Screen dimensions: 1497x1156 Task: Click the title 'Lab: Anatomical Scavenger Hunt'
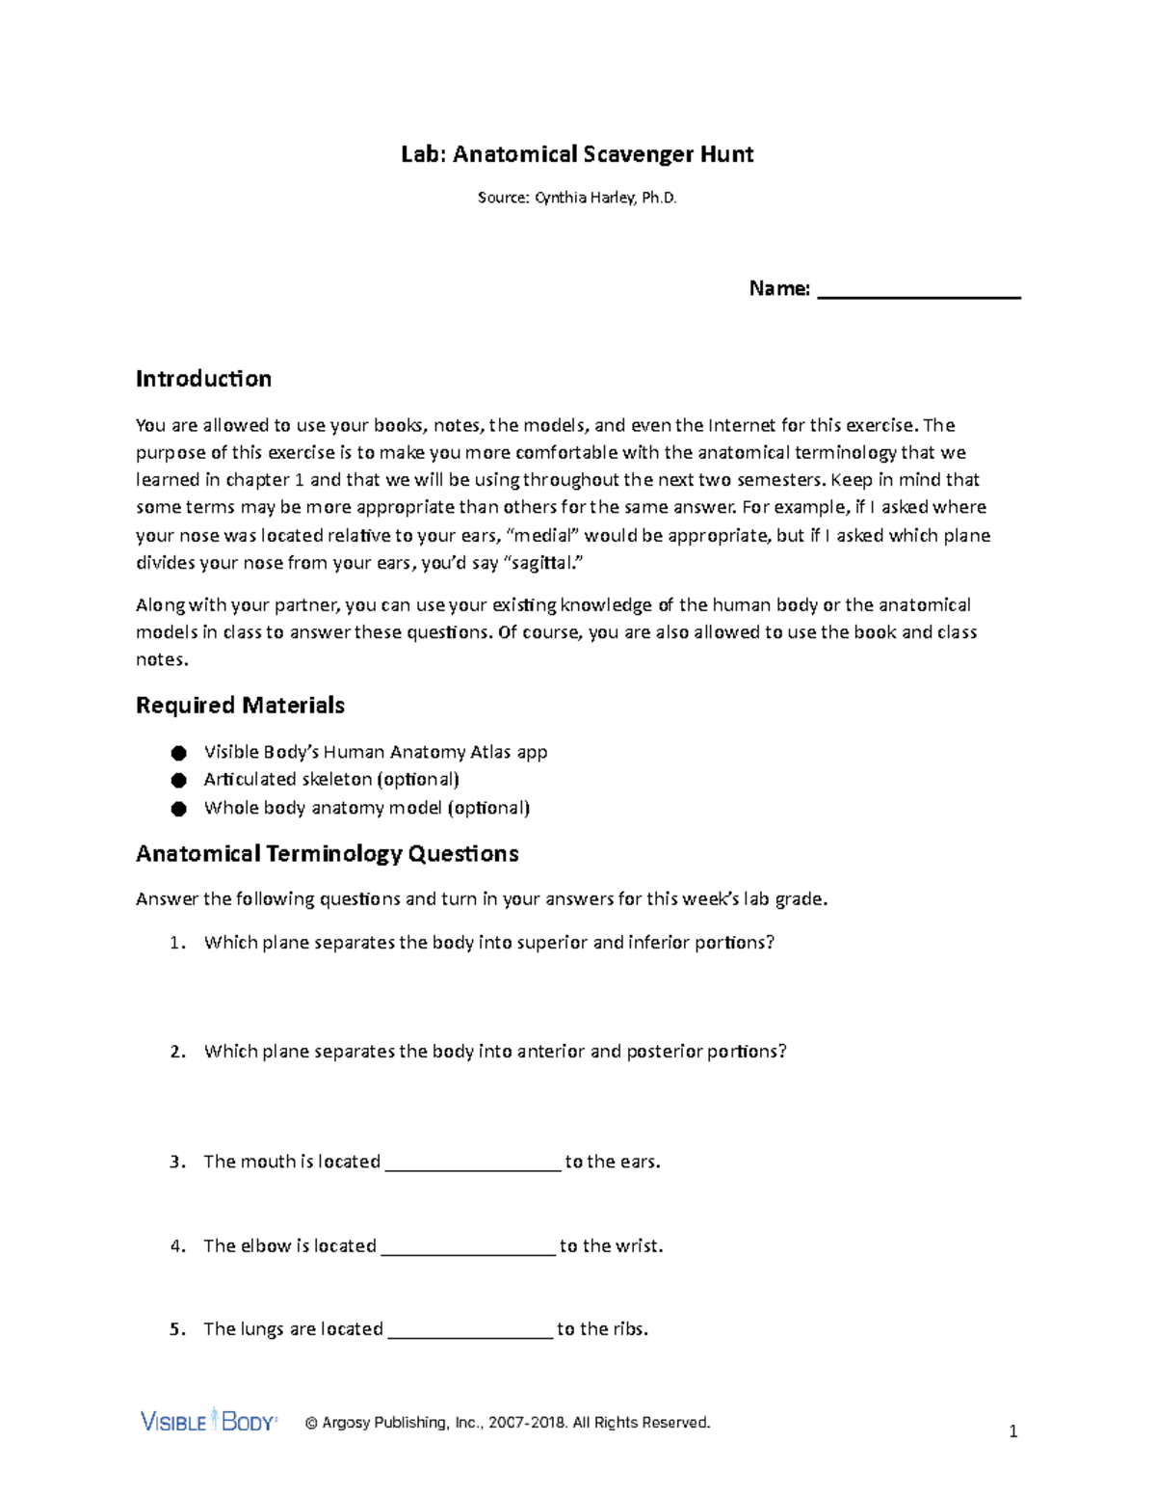click(577, 154)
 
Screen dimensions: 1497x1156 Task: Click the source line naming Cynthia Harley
click(577, 198)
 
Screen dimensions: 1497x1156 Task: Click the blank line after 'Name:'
click(918, 291)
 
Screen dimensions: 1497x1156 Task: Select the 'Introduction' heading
click(203, 379)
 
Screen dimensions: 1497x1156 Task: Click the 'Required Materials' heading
click(240, 706)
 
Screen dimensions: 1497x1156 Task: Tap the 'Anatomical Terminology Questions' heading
click(327, 854)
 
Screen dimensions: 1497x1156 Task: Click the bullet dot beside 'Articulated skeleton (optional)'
click(178, 780)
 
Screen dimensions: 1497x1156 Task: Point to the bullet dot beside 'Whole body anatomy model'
click(178, 809)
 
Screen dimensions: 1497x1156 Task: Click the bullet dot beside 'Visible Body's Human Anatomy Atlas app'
click(178, 753)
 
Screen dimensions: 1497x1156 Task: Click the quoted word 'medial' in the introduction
click(544, 536)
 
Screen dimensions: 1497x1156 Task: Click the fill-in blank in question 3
click(472, 1163)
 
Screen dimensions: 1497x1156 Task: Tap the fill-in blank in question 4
click(468, 1247)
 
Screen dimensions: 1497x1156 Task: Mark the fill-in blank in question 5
click(469, 1330)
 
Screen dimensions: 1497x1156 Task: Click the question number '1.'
click(176, 943)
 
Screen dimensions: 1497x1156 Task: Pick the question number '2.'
click(176, 1052)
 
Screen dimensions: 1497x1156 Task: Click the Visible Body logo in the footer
click(209, 1421)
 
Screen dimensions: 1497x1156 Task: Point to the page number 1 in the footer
click(1012, 1431)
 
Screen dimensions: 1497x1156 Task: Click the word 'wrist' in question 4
click(636, 1246)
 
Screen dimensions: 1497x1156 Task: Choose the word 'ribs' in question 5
click(630, 1329)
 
